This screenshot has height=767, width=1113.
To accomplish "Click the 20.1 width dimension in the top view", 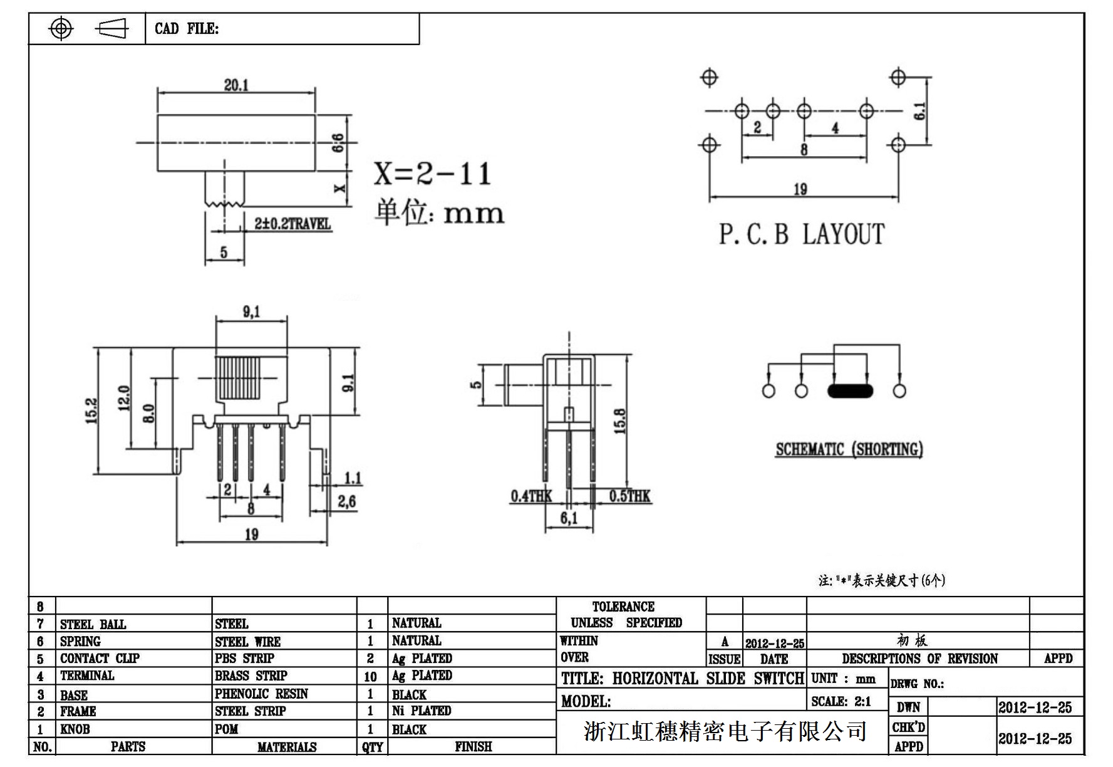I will (236, 85).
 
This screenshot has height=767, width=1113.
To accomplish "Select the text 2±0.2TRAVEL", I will (292, 224).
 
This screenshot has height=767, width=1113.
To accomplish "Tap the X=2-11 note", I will (432, 174).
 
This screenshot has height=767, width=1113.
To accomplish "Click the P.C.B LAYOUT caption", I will (801, 234).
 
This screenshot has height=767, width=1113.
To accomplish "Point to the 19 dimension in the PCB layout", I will (800, 189).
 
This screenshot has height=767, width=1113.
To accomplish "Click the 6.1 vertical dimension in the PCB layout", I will (919, 112).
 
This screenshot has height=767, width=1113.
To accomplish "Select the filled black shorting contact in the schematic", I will (850, 391).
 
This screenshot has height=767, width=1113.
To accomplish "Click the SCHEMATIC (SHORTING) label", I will (849, 449).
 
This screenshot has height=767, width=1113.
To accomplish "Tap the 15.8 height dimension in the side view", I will (619, 421).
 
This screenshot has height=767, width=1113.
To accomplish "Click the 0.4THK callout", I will (531, 496).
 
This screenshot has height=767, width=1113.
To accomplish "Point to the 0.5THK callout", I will (629, 496).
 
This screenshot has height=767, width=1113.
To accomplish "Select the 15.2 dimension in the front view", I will (91, 411).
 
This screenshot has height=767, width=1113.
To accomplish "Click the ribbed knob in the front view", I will (251, 379).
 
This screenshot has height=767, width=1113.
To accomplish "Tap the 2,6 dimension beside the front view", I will (346, 501).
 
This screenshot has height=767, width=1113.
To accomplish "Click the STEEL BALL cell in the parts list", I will (93, 624).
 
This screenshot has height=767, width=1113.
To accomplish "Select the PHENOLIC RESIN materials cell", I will (261, 694).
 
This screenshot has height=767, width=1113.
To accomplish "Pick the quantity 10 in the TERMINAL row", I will (370, 677).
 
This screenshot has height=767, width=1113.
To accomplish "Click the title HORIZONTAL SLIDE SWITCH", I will (682, 679).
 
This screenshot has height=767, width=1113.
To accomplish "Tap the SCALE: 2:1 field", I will (841, 702).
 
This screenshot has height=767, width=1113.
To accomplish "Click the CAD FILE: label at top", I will (187, 29).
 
